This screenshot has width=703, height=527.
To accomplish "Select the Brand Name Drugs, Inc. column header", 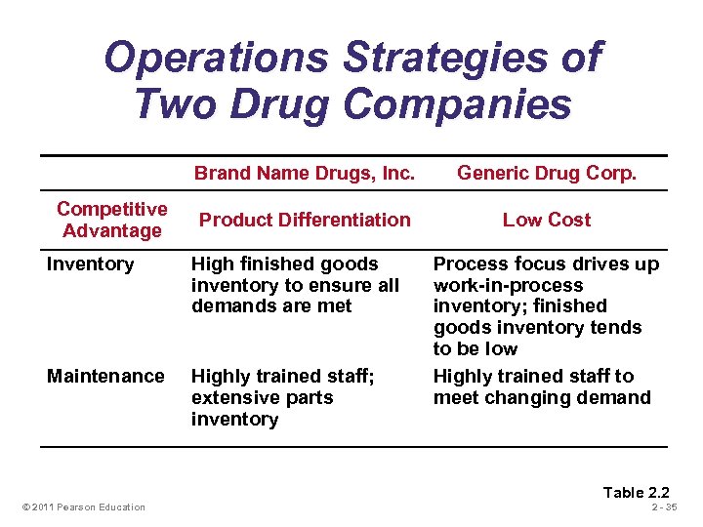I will [x=304, y=174].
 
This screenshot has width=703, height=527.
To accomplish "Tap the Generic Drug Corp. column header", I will [x=547, y=174].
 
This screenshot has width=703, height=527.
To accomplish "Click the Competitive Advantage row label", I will [x=111, y=220].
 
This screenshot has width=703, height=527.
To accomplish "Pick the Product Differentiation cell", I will [x=305, y=220].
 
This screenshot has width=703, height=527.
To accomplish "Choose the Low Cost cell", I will [x=547, y=220].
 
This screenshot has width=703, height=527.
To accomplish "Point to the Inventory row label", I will [x=91, y=264].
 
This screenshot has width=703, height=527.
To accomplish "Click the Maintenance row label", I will [x=105, y=376].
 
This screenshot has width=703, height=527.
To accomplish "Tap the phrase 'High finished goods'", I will [x=284, y=264].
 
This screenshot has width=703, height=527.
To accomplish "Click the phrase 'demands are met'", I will [x=271, y=306].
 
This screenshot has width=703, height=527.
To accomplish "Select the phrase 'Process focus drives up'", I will [x=546, y=264].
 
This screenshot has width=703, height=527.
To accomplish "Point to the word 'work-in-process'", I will [x=509, y=286].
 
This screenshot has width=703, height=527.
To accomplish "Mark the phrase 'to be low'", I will [x=476, y=348].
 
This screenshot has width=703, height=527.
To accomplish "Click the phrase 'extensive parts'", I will [x=262, y=398].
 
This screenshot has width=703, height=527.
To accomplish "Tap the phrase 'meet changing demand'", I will [x=542, y=397].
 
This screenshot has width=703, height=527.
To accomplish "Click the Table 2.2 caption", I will [x=636, y=492].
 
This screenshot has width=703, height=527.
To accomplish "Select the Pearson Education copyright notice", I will [x=83, y=507].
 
